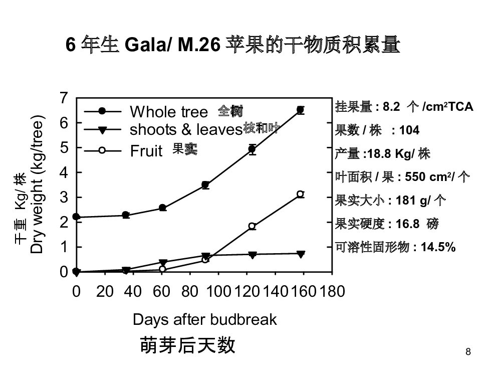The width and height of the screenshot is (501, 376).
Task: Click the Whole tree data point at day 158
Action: pos(301,110)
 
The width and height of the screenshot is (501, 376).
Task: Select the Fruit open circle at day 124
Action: pos(252,226)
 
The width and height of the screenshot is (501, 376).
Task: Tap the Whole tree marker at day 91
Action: pos(205,185)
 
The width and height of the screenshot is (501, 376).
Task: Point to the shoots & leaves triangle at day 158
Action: pos(301,254)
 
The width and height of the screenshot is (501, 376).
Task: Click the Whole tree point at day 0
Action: pos(76,217)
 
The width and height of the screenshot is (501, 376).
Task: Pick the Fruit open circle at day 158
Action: pos(301,194)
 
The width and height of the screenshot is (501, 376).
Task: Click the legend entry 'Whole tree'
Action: pos(168,111)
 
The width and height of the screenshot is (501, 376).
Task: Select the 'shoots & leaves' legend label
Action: pos(186,130)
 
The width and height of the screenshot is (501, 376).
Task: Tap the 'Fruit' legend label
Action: pos(146,150)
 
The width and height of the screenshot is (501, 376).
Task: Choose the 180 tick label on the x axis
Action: pos(332,291)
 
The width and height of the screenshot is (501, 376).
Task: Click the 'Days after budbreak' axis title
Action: pos(204,319)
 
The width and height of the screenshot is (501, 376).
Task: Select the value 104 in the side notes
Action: pos(409,130)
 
